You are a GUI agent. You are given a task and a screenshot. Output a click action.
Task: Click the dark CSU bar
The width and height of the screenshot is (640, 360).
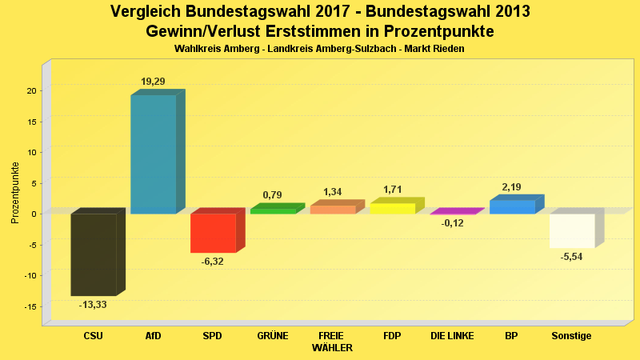[x=94, y=254]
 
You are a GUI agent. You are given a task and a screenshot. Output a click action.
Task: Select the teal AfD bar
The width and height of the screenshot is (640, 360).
[x=153, y=154]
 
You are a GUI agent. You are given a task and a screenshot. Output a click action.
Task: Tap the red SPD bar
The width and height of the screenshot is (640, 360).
[x=213, y=233]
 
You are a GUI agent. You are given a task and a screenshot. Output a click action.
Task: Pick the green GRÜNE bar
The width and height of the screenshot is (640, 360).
[x=273, y=210]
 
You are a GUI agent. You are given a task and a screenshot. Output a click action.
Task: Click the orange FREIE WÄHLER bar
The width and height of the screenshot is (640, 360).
[x=332, y=209]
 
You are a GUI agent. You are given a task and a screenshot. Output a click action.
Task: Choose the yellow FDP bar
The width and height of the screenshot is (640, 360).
[x=392, y=208]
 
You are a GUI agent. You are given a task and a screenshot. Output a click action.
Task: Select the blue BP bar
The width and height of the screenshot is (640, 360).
[x=512, y=206]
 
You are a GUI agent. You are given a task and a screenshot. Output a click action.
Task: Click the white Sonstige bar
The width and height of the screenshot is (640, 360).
[x=572, y=230]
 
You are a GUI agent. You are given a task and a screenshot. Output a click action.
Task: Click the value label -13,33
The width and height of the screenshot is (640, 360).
[x=93, y=305]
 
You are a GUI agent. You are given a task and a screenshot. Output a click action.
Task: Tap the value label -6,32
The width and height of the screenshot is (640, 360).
[x=213, y=262]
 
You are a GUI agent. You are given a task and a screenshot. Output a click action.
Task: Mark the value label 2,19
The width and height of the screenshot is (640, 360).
[x=512, y=187]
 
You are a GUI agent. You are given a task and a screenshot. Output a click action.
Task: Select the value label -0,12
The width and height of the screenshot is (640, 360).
[x=453, y=223]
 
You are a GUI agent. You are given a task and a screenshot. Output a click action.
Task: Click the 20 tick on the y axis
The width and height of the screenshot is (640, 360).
[x=30, y=90]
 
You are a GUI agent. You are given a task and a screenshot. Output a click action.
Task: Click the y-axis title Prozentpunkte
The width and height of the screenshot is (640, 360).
[x=15, y=192]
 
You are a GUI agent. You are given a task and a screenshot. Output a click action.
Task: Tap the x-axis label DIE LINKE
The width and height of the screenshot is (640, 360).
[x=452, y=336]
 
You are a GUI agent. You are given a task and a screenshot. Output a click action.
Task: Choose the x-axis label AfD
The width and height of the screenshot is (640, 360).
[x=153, y=336]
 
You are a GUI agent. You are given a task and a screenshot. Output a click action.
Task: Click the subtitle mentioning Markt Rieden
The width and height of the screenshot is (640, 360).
[x=319, y=49]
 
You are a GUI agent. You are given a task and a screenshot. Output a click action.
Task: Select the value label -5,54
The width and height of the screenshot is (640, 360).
[x=572, y=256]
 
